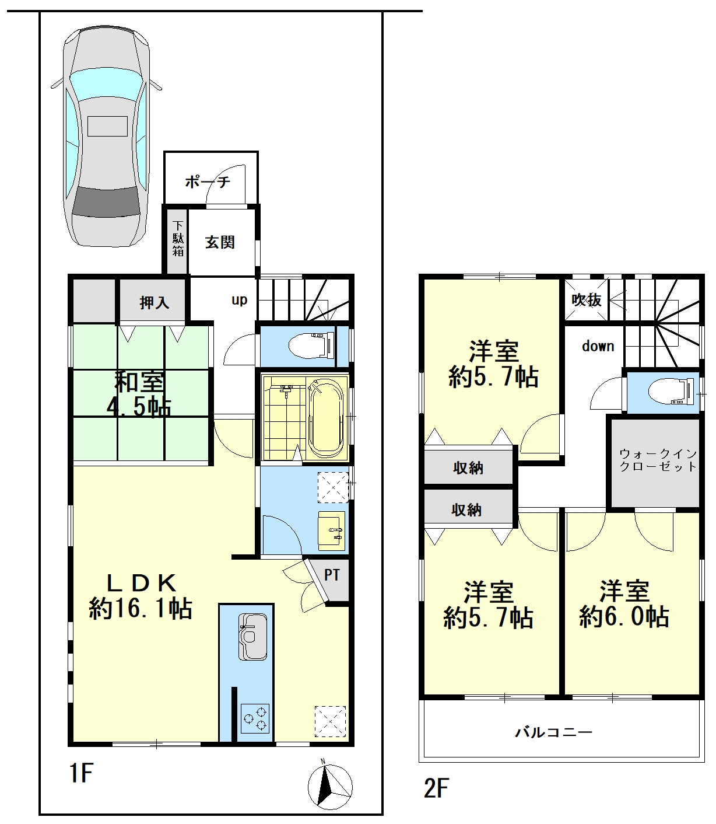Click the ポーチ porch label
coord(208,182)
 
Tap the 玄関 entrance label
coord(220,242)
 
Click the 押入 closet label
coord(155,303)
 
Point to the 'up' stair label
coord(239,300)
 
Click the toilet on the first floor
coord(311,345)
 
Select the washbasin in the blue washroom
coord(331,531)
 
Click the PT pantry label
coord(332,575)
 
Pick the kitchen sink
coord(252,637)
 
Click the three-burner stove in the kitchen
coord(254,718)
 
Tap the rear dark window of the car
coord(106,202)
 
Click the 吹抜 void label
coord(587,299)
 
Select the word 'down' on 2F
coord(598,346)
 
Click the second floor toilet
coord(671,391)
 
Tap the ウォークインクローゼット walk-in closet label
coord(658,460)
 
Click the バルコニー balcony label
coord(553,732)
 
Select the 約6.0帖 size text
coord(624,617)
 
